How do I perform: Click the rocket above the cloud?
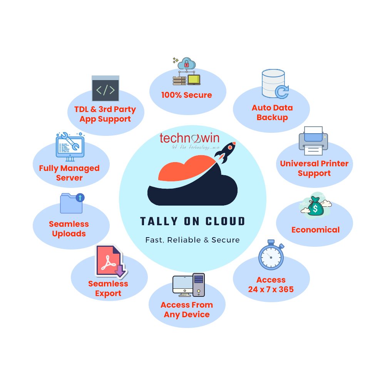[227, 151]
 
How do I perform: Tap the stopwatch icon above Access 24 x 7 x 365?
[271, 255]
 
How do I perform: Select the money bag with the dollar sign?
[316, 206]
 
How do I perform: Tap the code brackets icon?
[105, 90]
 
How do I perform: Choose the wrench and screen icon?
[70, 146]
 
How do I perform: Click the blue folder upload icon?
[72, 203]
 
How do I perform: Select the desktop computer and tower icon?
[188, 285]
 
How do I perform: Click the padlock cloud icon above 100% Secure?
[187, 71]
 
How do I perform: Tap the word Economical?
[315, 230]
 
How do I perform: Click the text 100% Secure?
[187, 95]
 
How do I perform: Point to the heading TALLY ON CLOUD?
[192, 221]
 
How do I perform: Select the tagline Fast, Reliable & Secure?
[192, 240]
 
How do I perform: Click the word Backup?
[272, 117]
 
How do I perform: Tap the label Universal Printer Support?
[314, 168]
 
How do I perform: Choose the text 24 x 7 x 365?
[271, 290]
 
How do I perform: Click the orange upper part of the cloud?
[181, 169]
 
